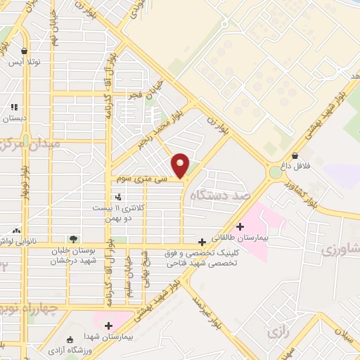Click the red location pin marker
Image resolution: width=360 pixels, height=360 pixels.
(181, 165)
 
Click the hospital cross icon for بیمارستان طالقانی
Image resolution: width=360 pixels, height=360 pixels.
(240, 226)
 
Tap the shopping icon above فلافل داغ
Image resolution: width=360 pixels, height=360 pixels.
(294, 156)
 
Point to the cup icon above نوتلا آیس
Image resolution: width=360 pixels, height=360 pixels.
(25, 51)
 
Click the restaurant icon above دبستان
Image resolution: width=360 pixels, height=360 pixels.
(13, 107)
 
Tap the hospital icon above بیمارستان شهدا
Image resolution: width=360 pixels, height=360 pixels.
(108, 325)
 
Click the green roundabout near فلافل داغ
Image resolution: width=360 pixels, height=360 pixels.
(274, 172)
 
